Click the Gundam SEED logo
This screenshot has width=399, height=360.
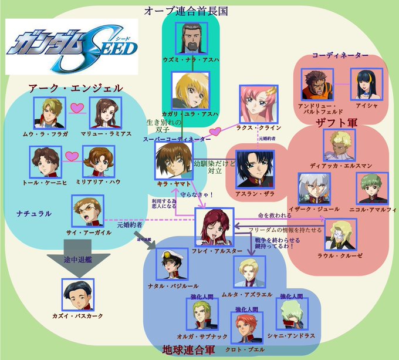[x=72, y=46]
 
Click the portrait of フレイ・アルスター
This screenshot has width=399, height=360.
[x=214, y=227]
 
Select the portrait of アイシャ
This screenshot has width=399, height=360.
[x=367, y=84]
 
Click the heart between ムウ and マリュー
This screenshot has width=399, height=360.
[x=76, y=107]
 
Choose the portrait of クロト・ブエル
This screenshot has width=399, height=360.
[x=246, y=325]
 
